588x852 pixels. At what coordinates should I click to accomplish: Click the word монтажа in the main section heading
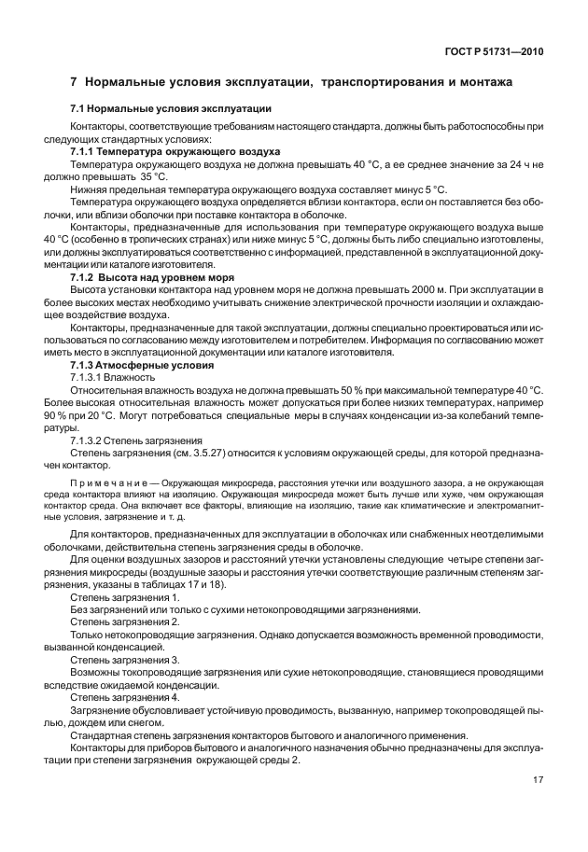click(481, 82)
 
